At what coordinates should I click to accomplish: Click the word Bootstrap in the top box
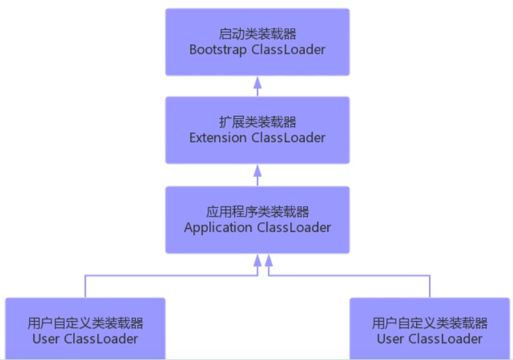211,50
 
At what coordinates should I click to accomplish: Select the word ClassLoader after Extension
288,138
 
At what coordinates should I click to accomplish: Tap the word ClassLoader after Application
294,227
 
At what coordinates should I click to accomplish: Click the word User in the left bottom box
45,339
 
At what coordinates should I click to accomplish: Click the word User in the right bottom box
390,339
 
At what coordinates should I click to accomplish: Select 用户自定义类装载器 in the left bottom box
85,323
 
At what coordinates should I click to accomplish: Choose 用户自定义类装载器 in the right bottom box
430,323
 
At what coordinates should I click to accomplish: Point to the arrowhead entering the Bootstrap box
257,81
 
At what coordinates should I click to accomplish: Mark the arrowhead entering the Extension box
257,170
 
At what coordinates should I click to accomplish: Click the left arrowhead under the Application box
257,259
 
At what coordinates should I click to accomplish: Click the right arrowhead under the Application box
269,259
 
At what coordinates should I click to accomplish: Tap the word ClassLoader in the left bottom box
101,339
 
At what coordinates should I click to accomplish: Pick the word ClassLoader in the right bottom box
446,339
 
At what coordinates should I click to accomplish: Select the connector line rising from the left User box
85,287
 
